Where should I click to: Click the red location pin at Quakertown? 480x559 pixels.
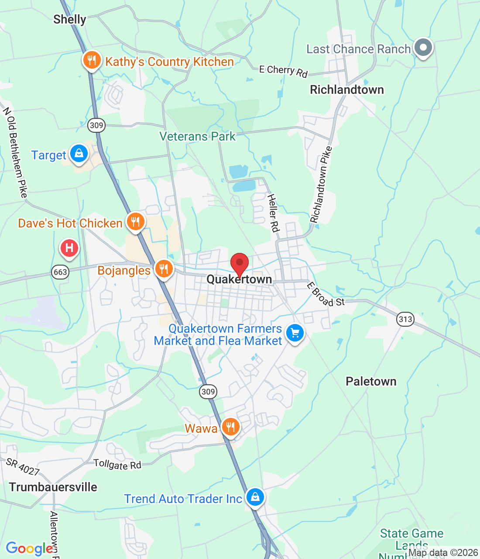240,263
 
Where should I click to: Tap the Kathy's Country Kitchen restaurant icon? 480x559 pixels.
92,60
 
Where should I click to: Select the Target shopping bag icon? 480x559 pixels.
79,154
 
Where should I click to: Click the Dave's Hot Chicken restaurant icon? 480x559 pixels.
135,222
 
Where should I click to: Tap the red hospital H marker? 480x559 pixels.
69,248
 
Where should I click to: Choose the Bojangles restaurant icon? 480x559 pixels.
164,269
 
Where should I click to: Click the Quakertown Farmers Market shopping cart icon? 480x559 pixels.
295,333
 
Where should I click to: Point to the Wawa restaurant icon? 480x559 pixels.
230,427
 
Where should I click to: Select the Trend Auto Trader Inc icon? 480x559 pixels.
255,497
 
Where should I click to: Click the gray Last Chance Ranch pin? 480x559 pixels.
423,48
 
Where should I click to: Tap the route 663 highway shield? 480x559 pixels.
60,272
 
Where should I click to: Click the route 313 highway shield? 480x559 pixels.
405,319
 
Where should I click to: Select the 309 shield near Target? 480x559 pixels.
96,125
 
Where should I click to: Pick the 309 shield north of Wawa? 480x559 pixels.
208,391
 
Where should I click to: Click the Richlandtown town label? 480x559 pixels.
347,90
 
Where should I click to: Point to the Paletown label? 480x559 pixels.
371,382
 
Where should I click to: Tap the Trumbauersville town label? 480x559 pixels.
53,487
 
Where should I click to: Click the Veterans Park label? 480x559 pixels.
197,137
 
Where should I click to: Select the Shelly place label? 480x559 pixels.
70,19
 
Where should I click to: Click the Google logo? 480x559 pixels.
30,549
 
